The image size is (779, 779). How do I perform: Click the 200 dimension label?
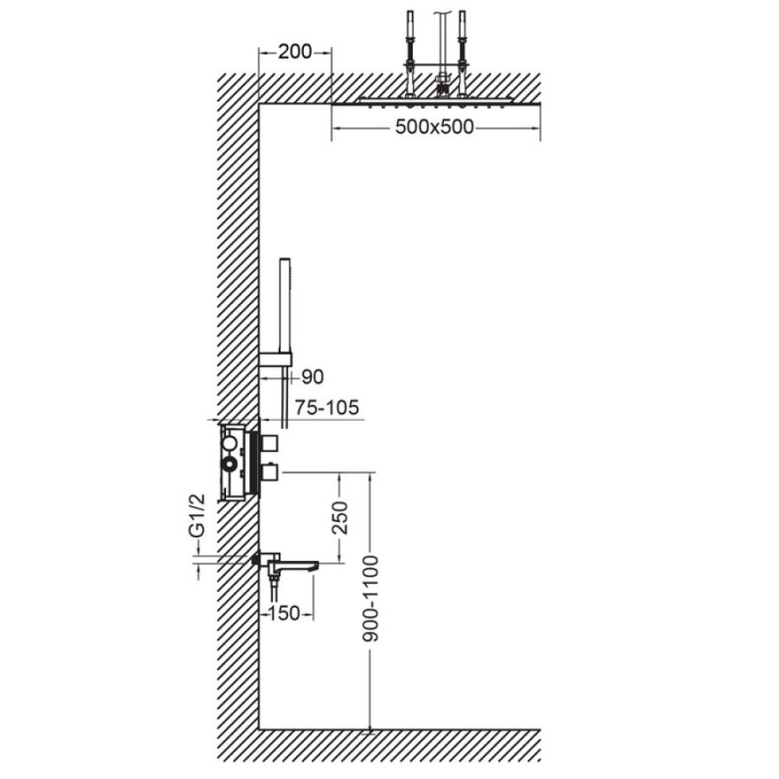pos(294,52)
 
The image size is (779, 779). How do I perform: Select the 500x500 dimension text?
pos(435,127)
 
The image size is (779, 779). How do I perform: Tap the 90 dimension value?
pos(312,377)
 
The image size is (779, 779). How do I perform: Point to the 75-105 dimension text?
pos(326,408)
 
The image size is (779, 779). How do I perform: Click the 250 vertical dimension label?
pos(340,518)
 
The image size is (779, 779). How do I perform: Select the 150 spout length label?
pos(285,614)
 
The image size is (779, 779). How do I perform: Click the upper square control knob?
pos(270,441)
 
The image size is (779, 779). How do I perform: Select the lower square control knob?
pos(270,473)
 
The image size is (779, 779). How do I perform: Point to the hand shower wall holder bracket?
pos(276,360)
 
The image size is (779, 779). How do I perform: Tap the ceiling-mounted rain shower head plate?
pos(435,101)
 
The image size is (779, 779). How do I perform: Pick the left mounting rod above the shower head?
pos(410,52)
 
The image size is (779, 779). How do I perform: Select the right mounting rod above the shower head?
pos(462,52)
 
